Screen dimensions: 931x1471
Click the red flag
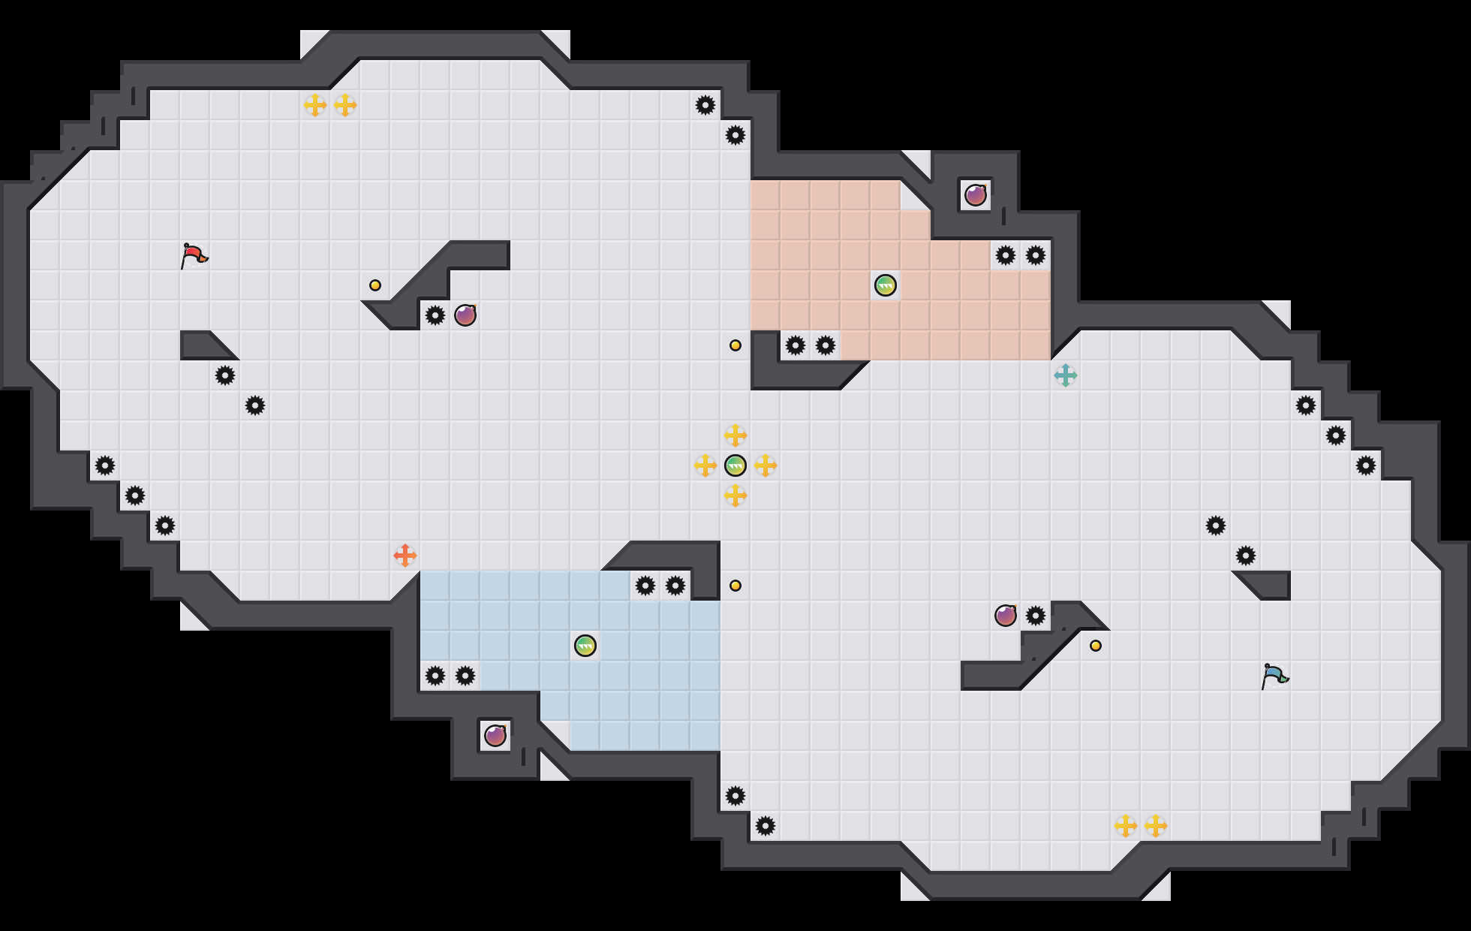pyautogui.click(x=194, y=255)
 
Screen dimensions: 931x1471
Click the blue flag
pyautogui.click(x=1274, y=676)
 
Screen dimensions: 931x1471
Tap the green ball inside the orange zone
pyautogui.click(x=886, y=285)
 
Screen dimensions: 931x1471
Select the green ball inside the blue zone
pyautogui.click(x=585, y=646)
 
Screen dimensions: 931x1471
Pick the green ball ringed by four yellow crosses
pyautogui.click(x=735, y=465)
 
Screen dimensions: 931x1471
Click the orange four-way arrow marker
pyautogui.click(x=405, y=556)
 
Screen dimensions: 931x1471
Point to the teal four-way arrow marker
pyautogui.click(x=1066, y=375)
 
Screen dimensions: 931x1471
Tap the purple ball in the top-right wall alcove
pyautogui.click(x=976, y=195)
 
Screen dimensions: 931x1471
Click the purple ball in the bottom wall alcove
pyautogui.click(x=495, y=736)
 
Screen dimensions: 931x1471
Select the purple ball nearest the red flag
pyautogui.click(x=465, y=315)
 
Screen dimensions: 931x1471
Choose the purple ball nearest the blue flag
pyautogui.click(x=1006, y=616)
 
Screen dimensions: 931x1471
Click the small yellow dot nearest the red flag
pyautogui.click(x=375, y=285)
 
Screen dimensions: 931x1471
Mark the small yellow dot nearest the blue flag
pyautogui.click(x=1096, y=646)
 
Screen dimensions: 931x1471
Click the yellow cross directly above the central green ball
pyautogui.click(x=735, y=435)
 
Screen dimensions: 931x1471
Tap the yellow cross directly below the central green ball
pyautogui.click(x=735, y=496)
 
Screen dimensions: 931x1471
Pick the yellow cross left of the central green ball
pyautogui.click(x=705, y=465)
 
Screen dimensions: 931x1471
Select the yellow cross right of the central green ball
pyautogui.click(x=766, y=465)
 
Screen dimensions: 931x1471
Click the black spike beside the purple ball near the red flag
pyautogui.click(x=435, y=315)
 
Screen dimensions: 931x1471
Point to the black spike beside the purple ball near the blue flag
pyautogui.click(x=1036, y=616)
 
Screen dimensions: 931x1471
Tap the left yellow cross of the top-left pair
pyautogui.click(x=315, y=105)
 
